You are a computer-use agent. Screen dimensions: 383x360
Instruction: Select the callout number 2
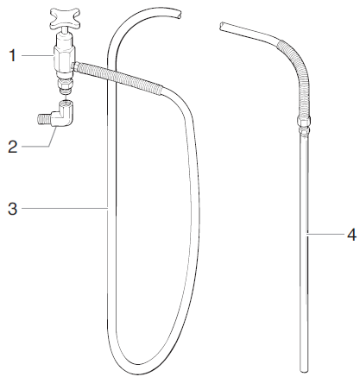tap(12, 146)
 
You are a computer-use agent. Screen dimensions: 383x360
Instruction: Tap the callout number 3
tap(12, 208)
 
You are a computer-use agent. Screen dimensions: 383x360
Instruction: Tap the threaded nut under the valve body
tap(64, 84)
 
